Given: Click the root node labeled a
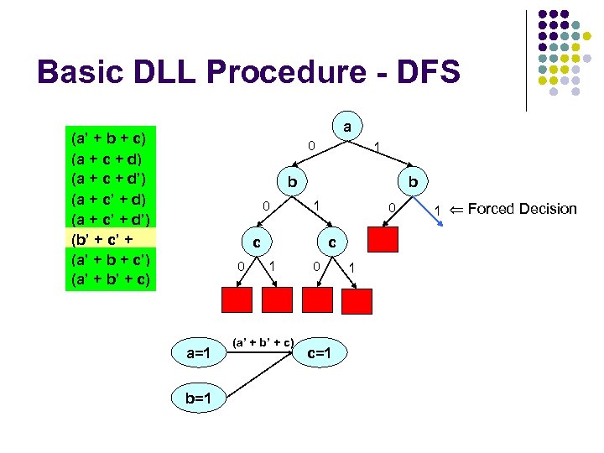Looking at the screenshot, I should tap(346, 127).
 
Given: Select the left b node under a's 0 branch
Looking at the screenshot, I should tap(291, 182).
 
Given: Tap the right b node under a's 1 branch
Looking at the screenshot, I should tap(413, 182).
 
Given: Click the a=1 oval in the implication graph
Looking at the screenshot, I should tap(197, 353).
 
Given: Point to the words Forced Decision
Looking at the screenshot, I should tap(522, 209).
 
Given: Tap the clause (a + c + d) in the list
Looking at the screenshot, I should tap(107, 157).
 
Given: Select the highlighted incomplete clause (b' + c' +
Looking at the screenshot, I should tap(107, 239).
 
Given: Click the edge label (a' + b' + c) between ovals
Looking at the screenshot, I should tap(263, 341).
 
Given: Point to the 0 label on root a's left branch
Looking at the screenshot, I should tap(310, 146).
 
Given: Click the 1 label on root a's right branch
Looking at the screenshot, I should tap(377, 148).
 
